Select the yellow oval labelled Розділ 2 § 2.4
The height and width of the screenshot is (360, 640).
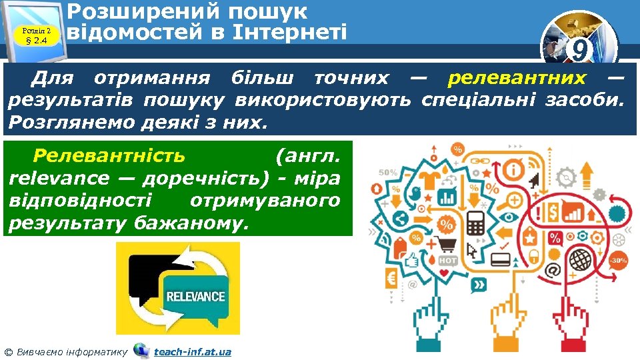[x=37, y=35]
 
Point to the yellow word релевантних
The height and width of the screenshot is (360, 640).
[x=517, y=79]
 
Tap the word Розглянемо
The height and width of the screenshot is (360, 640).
[x=68, y=123]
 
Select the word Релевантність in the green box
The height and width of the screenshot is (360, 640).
[x=109, y=156]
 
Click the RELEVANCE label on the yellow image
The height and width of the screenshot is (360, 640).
[x=195, y=296]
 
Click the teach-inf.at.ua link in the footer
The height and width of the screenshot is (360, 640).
[x=193, y=351]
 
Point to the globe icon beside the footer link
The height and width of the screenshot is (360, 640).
[x=141, y=350]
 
